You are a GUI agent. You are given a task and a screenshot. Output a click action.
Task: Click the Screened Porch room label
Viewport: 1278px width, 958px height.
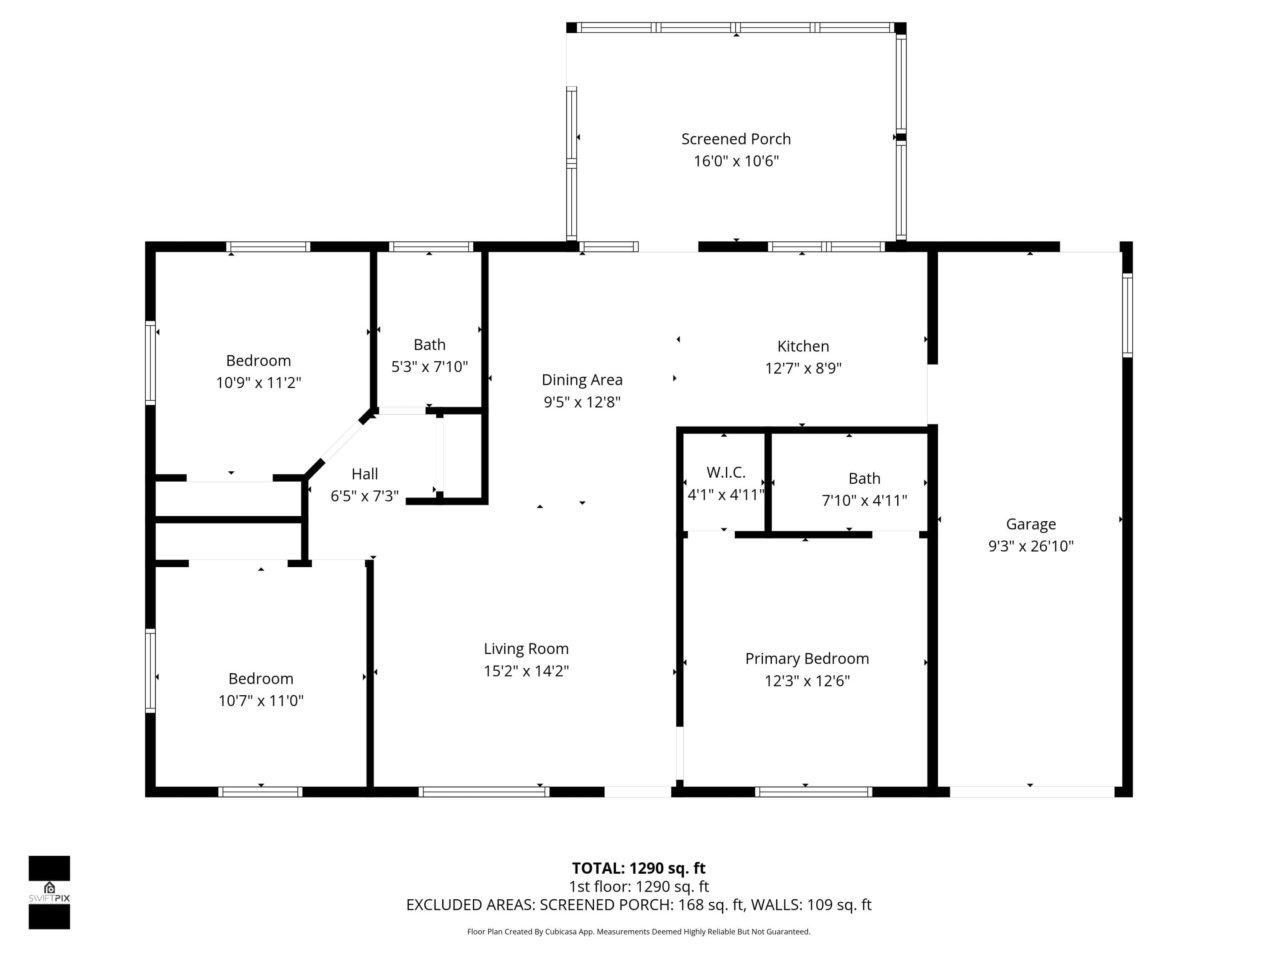pos(736,139)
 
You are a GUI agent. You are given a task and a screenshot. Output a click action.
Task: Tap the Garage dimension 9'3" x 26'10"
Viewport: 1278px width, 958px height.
pos(1031,546)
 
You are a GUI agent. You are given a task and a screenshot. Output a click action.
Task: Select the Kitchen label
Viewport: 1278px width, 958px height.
pos(803,347)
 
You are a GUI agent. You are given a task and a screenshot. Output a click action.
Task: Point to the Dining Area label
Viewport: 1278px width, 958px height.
pos(582,380)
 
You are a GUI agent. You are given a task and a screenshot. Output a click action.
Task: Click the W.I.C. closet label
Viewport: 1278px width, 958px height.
pos(725,472)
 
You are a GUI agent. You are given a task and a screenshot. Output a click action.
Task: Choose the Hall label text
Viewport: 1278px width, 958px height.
pos(365,474)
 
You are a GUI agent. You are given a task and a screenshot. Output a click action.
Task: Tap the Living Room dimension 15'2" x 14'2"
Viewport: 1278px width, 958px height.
pos(527,671)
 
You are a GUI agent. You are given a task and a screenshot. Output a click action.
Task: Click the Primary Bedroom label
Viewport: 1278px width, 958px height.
pos(807,659)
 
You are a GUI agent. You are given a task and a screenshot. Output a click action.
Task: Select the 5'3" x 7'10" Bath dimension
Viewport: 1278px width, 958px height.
pos(429,367)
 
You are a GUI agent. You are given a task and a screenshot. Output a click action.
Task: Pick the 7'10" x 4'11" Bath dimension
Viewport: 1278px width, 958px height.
pos(864,501)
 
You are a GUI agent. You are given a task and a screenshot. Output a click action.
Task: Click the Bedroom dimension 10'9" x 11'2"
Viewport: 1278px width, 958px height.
pos(258,383)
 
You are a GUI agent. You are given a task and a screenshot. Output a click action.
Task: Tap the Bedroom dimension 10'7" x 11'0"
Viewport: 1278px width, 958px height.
pos(261,701)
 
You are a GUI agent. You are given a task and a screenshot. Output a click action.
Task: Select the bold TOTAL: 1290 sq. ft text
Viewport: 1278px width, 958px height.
pos(639,869)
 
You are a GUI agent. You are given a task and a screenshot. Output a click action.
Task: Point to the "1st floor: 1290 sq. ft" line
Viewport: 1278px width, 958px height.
pos(639,886)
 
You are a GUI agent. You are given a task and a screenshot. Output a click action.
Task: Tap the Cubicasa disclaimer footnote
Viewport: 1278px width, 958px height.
pos(639,932)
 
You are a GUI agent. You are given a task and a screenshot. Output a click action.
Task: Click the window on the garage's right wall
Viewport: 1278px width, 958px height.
pos(1127,316)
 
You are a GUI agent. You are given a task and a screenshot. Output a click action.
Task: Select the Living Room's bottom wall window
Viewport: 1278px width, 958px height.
pos(484,792)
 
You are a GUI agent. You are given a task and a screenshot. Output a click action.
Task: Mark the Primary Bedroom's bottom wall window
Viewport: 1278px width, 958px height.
pos(814,792)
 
